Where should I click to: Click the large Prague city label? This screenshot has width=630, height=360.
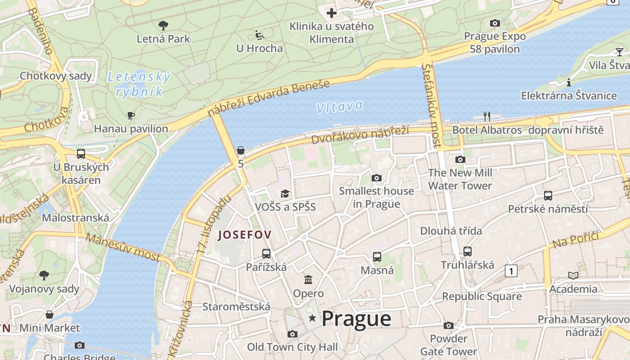point(356,319)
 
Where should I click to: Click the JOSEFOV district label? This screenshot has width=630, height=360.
point(245,234)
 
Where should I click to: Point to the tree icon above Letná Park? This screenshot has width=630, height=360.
point(163,25)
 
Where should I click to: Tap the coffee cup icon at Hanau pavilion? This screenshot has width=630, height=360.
point(130,116)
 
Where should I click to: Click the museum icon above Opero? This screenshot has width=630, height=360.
point(308,280)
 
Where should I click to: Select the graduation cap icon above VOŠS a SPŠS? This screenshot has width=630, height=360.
point(285,194)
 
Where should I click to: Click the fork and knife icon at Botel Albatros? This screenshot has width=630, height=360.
point(486,117)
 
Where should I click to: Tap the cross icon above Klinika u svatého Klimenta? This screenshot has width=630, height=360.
point(332,13)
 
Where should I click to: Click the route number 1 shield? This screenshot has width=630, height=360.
point(511,271)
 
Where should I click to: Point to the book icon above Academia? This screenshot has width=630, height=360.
point(573,275)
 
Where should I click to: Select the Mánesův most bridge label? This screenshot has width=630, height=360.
point(122,247)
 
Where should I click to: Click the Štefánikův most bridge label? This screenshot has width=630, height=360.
point(431,105)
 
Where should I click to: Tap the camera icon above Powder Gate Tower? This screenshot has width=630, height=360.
point(448,325)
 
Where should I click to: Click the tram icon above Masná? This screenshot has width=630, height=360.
point(377,257)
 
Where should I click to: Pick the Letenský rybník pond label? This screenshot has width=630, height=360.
point(139,84)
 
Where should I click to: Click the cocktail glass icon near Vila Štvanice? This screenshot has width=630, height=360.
point(619,52)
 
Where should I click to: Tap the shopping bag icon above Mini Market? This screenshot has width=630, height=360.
point(49,315)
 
